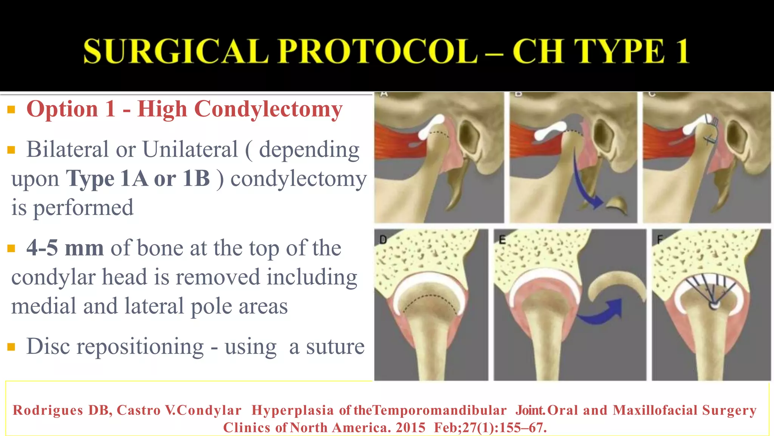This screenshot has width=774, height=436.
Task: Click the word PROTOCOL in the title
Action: [x=378, y=51]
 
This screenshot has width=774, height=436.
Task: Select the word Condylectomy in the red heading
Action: [x=268, y=109]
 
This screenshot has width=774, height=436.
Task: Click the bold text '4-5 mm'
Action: [x=65, y=248]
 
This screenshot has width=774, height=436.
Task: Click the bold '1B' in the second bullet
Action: [x=196, y=178]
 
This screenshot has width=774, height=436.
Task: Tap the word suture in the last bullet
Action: [x=335, y=346]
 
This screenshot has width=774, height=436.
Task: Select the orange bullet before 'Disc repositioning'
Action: [x=11, y=347]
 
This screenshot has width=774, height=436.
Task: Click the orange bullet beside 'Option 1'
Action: [x=11, y=110]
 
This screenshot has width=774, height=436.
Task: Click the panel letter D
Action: [x=383, y=240]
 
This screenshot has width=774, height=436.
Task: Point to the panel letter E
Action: [x=502, y=240]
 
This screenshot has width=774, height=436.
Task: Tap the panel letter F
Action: [x=660, y=240]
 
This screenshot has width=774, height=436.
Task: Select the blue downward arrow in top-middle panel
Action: [x=584, y=182]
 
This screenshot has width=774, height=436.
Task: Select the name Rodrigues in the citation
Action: [x=48, y=410]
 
